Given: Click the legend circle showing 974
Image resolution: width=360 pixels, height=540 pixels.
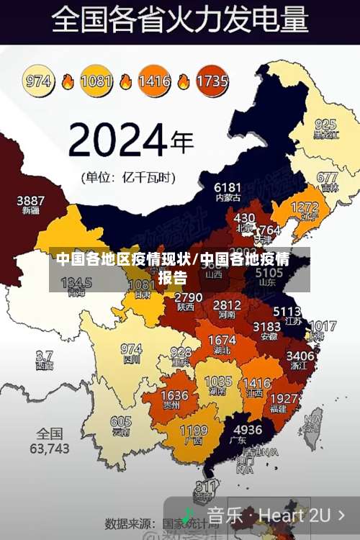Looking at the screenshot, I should (x=39, y=81).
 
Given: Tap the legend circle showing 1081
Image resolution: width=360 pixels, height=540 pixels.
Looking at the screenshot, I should (x=96, y=81).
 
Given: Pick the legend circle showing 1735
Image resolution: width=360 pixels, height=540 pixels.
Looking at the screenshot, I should (x=212, y=81).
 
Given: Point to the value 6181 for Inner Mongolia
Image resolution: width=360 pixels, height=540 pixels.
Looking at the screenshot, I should (x=228, y=187).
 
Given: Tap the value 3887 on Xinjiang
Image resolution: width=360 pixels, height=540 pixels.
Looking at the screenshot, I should (x=30, y=200).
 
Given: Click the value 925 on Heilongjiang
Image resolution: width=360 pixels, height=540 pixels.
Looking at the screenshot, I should (x=325, y=124).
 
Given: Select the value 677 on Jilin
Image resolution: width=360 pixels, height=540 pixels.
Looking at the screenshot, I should (x=327, y=177).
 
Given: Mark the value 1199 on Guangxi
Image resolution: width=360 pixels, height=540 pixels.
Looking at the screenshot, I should (x=193, y=431).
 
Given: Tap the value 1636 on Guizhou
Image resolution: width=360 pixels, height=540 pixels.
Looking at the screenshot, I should (x=174, y=395).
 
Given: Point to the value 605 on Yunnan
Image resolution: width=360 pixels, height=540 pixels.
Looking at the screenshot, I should (x=121, y=422).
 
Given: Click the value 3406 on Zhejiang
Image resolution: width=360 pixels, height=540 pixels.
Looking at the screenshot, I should (x=300, y=355).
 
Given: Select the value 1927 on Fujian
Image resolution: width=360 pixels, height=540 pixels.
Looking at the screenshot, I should (x=284, y=398).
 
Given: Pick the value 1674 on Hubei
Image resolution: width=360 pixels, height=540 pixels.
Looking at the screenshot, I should (x=221, y=340).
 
